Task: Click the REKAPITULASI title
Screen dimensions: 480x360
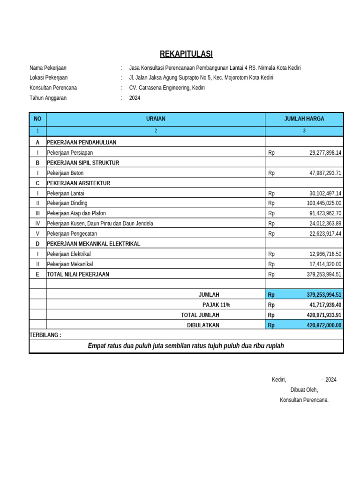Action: click(x=186, y=54)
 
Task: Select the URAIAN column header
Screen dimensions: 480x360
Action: click(x=156, y=119)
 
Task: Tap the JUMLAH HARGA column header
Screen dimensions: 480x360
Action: click(x=304, y=119)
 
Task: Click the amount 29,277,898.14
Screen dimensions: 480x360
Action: click(x=325, y=153)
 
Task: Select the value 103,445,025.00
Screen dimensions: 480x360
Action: click(x=324, y=203)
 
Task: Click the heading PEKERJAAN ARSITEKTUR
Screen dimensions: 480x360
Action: click(x=79, y=183)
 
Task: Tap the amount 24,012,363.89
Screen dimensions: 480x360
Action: click(x=325, y=224)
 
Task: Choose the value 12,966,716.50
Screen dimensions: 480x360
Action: click(x=325, y=254)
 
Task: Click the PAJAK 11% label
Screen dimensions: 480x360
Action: click(x=216, y=305)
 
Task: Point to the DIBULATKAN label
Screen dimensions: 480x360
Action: click(x=203, y=325)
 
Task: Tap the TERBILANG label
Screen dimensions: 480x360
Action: click(x=45, y=335)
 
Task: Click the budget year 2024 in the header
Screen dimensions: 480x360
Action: click(x=135, y=98)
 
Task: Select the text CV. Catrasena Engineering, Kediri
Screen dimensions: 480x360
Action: click(x=167, y=88)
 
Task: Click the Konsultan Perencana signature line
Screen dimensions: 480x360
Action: click(x=304, y=400)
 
